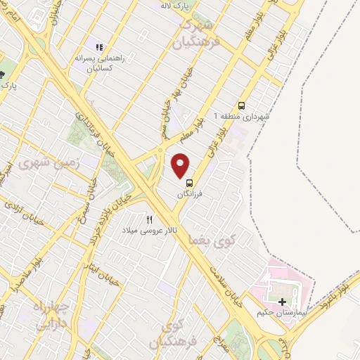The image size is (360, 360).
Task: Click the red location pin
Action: click(181, 165)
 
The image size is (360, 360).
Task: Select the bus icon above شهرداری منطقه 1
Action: click(243, 105)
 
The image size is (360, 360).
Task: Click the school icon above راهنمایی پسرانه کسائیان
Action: click(98, 48)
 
